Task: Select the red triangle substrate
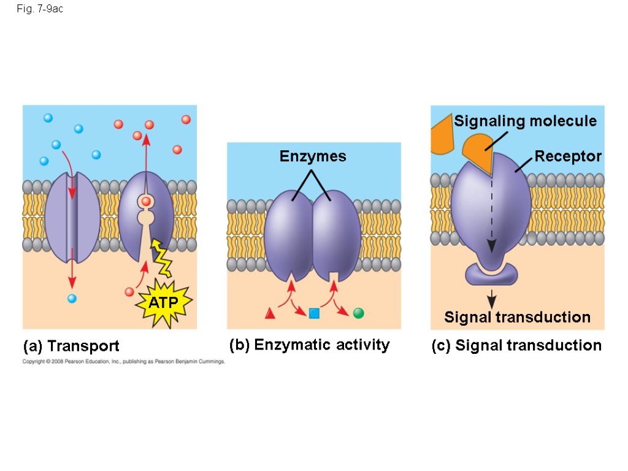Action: pos(270,313)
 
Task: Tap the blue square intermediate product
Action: pos(314,313)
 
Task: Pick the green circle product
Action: pos(359,313)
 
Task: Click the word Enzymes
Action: pos(313,156)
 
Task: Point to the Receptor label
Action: pos(568,156)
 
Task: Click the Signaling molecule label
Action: pos(525,121)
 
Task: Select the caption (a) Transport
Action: pos(71,346)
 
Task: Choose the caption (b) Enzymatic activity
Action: pos(309,345)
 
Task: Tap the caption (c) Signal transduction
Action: pos(516,346)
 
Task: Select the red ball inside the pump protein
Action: pos(146,201)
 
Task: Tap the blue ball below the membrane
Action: pos(72,299)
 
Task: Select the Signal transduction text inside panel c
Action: pos(517,317)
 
